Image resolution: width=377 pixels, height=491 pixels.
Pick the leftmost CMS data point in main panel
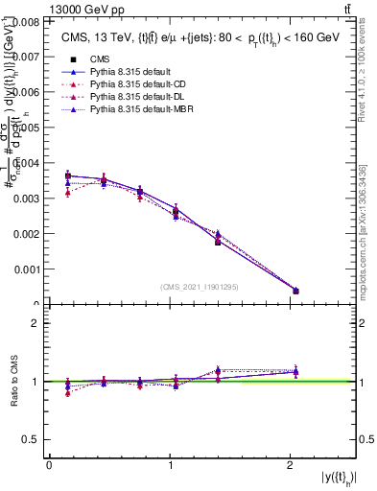67,175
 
